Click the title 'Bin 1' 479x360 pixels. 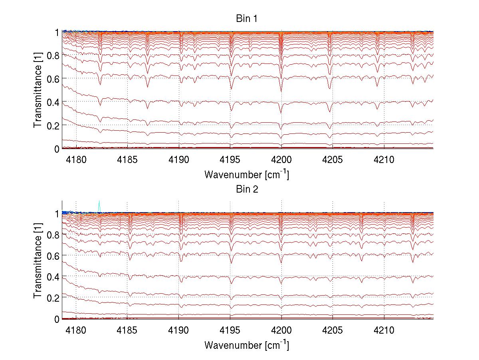[246, 18]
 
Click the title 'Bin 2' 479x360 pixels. [246, 189]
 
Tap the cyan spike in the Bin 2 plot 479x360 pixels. [99, 205]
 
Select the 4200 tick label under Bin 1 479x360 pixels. [281, 160]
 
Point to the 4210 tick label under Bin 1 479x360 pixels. [384, 160]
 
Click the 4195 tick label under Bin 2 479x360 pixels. [230, 331]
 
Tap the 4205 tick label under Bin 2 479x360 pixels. [333, 331]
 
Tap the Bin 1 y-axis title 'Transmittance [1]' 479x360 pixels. [38, 90]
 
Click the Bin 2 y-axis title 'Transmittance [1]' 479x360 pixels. [38, 261]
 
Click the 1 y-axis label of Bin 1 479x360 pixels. [57, 32]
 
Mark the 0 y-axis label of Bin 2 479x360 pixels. [57, 319]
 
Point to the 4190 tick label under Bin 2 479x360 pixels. [178, 331]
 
